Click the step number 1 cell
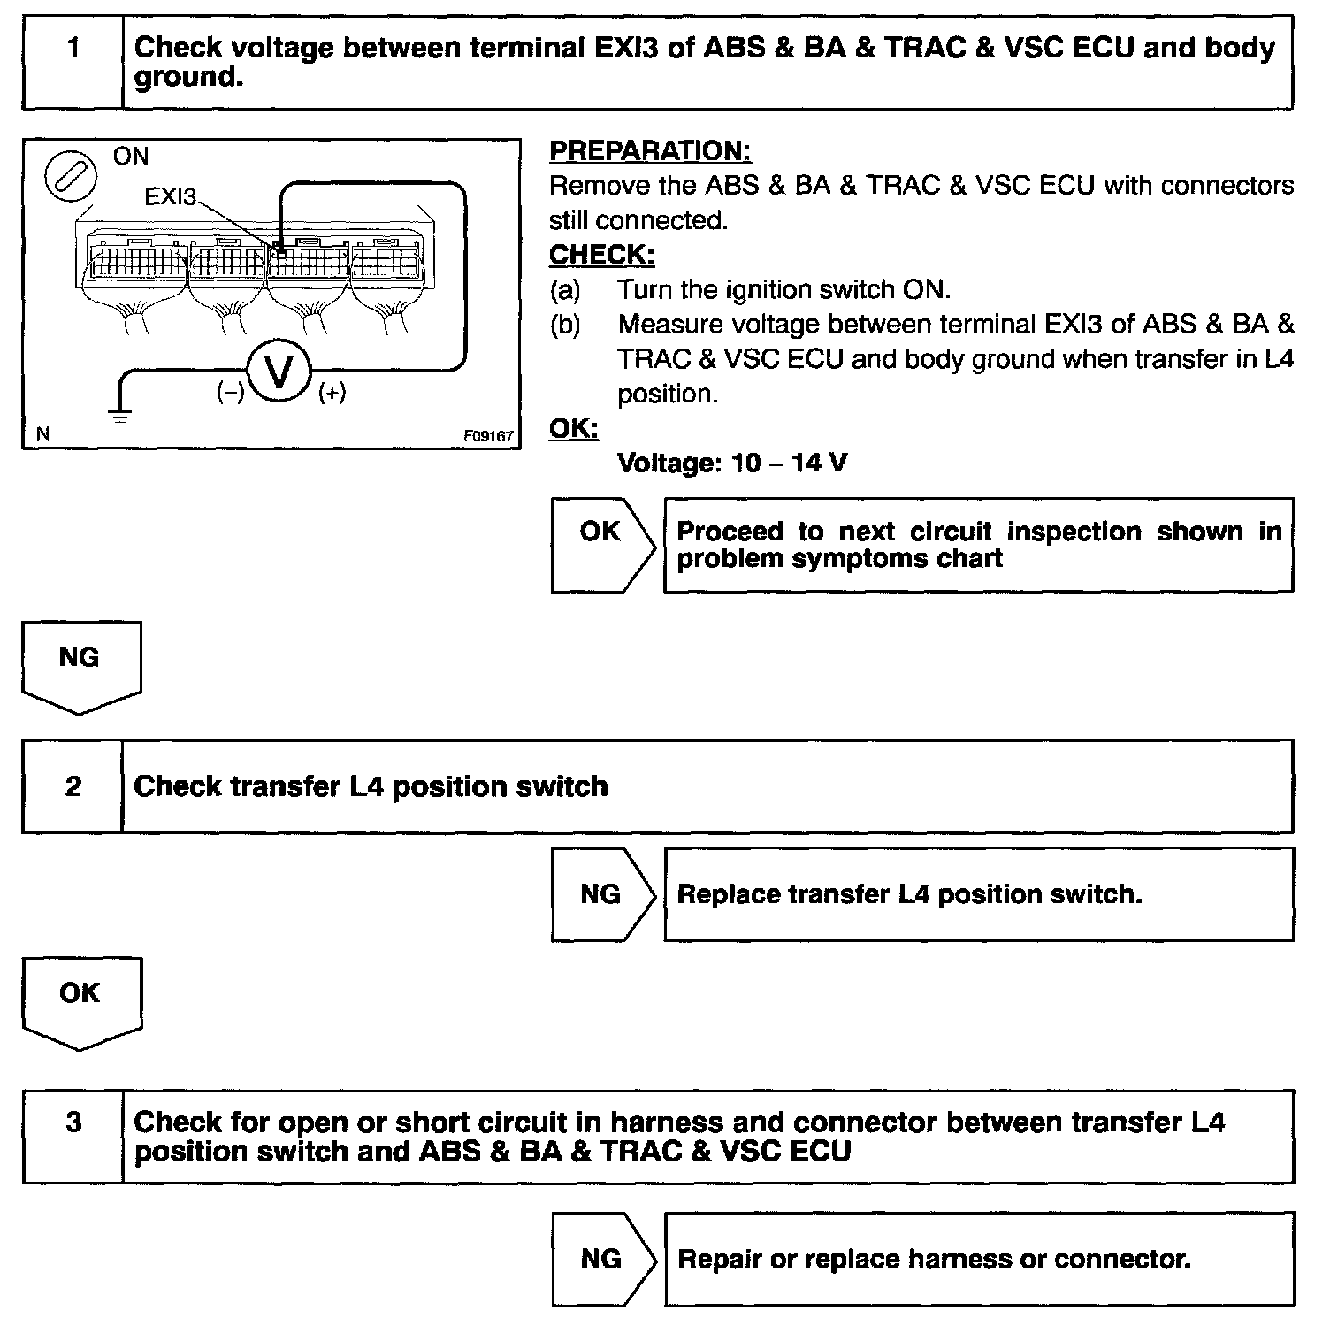pos(73,62)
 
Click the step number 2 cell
pos(73,786)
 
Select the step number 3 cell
pos(73,1137)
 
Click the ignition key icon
pos(70,178)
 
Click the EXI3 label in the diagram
pos(170,196)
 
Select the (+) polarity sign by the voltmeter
pos(332,393)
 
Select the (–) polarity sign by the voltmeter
pos(230,393)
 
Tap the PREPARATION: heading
pos(650,151)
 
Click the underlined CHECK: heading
pos(601,255)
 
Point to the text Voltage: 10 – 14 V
pos(732,463)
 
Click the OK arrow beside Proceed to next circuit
pos(602,544)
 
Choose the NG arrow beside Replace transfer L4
pos(602,894)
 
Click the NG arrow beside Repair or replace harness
pos(602,1259)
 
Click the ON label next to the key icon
pos(131,157)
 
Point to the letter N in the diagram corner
pos(42,434)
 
